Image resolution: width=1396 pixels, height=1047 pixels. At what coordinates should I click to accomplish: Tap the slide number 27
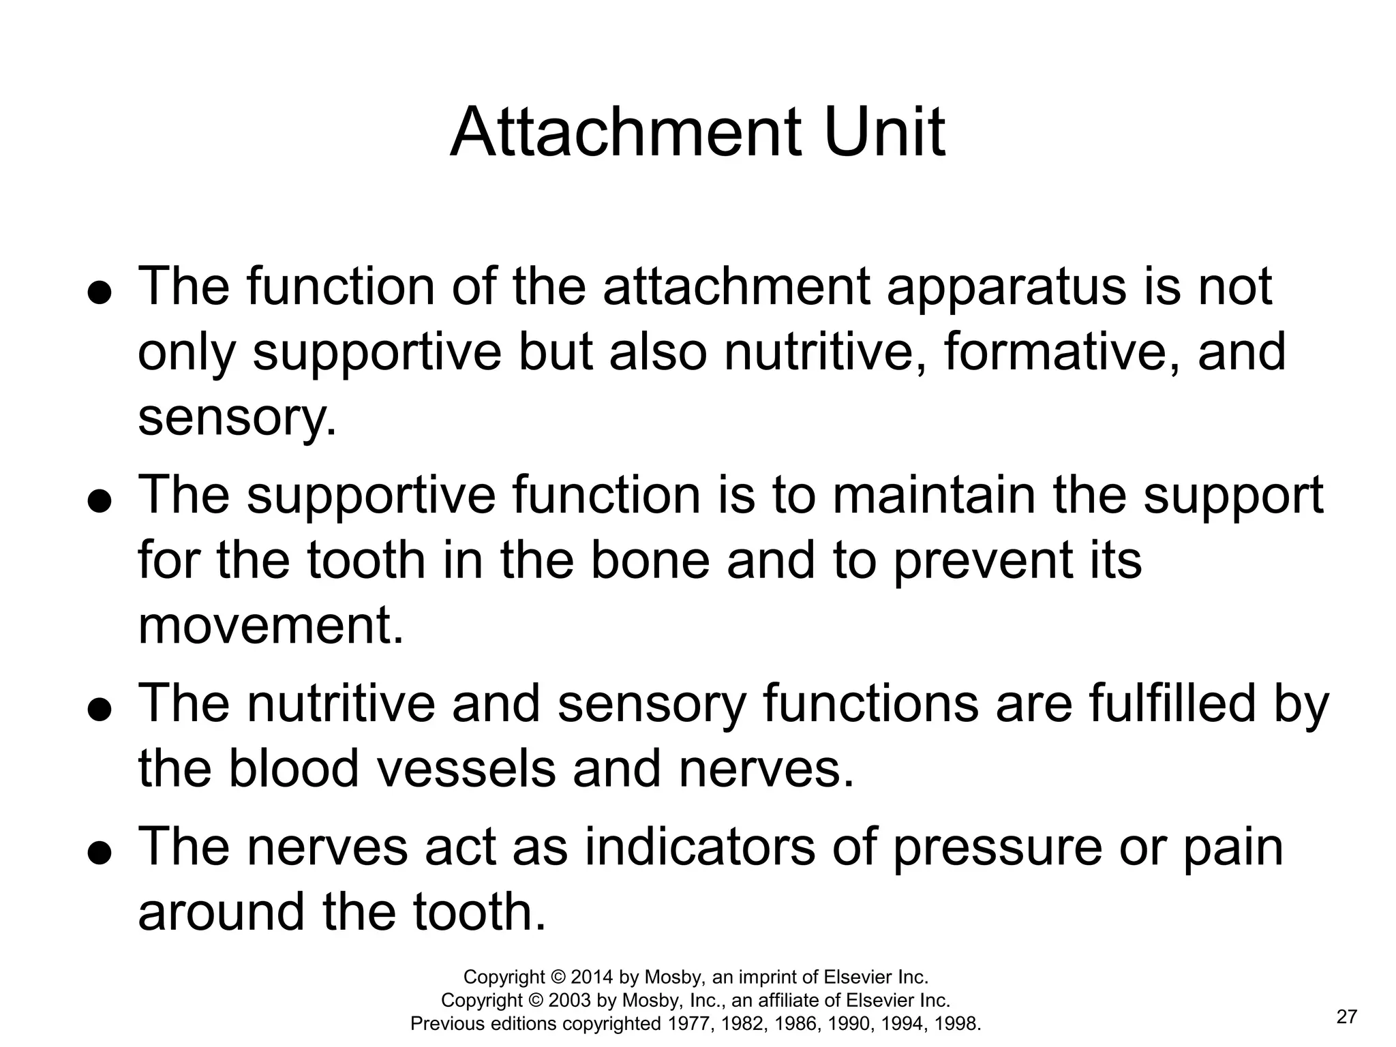[1347, 1017]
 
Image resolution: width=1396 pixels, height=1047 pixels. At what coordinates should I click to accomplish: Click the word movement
[270, 626]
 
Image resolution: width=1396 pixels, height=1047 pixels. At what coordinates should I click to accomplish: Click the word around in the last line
[222, 913]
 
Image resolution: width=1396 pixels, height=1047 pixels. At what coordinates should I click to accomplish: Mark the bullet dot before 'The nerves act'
[100, 855]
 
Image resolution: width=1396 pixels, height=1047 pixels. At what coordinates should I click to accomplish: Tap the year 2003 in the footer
[570, 1001]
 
